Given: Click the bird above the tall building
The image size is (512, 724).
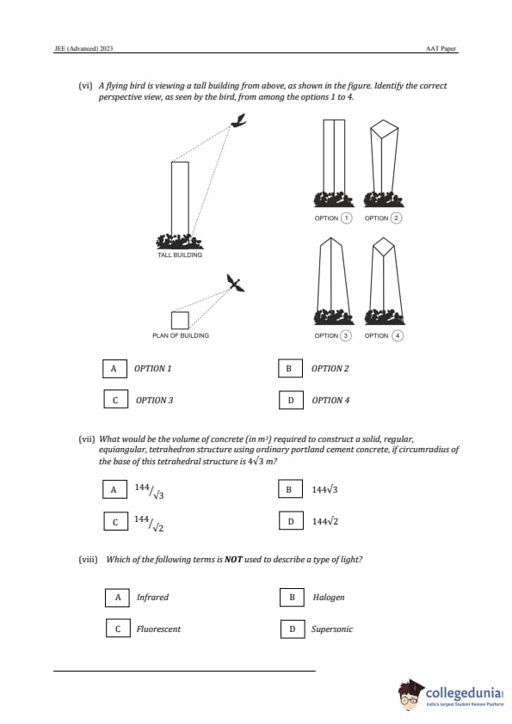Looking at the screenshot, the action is pos(239,120).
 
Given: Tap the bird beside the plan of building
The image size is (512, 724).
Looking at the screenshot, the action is pos(235,283).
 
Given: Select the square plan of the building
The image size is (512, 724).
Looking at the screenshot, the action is pos(180,320).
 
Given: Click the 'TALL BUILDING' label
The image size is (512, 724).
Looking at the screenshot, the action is pos(180,255).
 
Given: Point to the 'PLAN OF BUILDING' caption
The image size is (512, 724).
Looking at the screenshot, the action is pos(181,335).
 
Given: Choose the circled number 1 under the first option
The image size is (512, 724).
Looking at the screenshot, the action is pos(346,218).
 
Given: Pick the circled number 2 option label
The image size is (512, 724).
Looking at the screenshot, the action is pos(396,218).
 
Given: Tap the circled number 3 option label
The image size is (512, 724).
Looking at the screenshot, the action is pos(346,335).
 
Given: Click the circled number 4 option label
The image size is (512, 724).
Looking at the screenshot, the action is pos(398,335).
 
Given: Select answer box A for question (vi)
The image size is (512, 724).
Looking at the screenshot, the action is pos(114,369).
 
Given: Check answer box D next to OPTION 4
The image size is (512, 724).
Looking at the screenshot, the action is pos(291,400).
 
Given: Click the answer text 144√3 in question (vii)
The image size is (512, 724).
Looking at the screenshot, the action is pos(325,489).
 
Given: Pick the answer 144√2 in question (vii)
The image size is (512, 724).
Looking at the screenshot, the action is pos(325,521).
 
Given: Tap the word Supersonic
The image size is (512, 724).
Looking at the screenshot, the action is pos(332,629).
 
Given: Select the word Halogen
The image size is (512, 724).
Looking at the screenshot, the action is pos(329,597).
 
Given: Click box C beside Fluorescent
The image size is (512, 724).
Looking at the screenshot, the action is pos(118,629).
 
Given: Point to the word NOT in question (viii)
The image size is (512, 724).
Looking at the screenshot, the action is pos(233,560).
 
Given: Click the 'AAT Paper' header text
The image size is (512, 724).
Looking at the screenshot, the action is pos(441,48).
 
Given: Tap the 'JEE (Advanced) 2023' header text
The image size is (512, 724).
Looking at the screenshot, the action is pos(83,48).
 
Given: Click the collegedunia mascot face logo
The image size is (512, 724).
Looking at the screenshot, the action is pos(410,694).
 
